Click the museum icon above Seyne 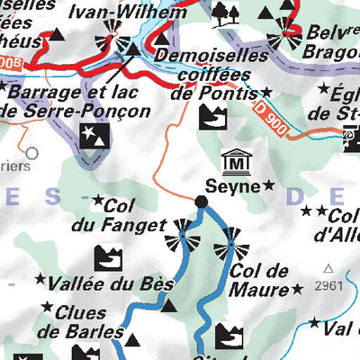(x=236, y=163)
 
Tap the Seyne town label (x=233, y=186)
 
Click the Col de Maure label (x=258, y=280)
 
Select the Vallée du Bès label (x=112, y=283)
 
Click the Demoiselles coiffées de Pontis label (x=210, y=73)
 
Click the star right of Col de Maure (x=296, y=290)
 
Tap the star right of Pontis (x=266, y=93)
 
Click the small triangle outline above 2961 (x=328, y=268)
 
